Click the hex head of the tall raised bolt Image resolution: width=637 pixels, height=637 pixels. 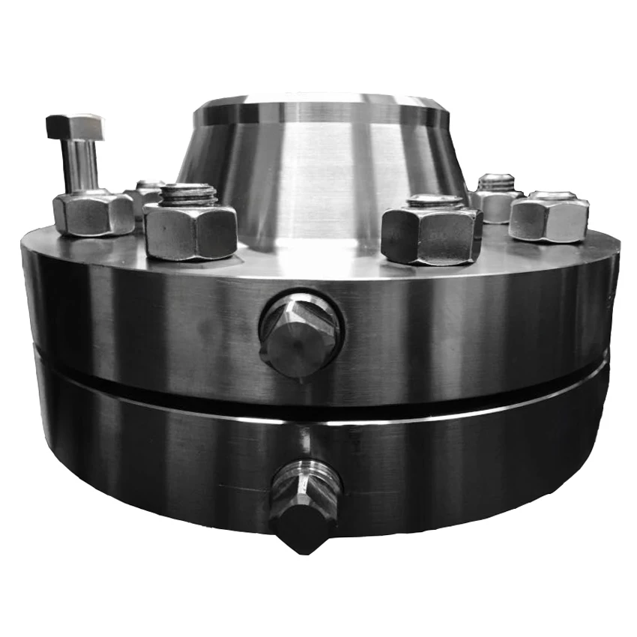point(74,127)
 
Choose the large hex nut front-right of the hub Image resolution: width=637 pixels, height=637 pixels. point(430,235)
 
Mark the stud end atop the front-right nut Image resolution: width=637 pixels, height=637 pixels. point(435,200)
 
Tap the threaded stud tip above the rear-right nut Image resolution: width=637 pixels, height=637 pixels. point(496,181)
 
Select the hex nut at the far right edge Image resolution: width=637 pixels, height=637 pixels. point(549,217)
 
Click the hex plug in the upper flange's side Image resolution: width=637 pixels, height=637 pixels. point(301,334)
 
